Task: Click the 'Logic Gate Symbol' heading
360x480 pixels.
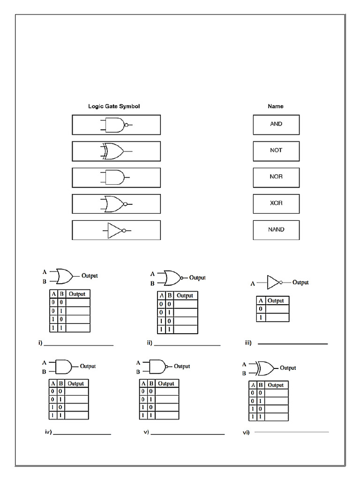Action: tap(114, 106)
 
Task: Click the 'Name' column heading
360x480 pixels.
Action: tap(276, 106)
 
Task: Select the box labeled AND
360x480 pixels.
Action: tap(276, 124)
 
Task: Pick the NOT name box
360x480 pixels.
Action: tap(276, 150)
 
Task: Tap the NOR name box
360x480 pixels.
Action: tap(276, 177)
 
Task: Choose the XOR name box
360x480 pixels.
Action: tap(276, 203)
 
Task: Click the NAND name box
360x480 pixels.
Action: tap(276, 230)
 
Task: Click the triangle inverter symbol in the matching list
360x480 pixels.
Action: tap(115, 230)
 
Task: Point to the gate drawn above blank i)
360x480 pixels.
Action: tap(64, 276)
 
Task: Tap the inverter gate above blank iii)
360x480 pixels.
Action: tap(274, 283)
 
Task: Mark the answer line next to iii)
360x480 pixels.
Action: tap(292, 344)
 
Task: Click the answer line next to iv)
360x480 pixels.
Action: tap(82, 434)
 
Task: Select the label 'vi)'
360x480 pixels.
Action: tap(245, 432)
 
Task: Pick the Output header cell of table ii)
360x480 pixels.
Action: tap(185, 296)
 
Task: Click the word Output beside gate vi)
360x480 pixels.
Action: tap(287, 368)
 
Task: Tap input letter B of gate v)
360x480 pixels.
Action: tap(138, 372)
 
